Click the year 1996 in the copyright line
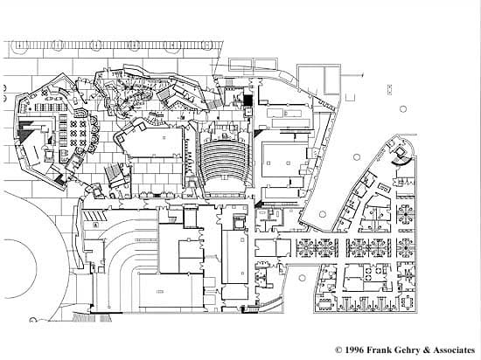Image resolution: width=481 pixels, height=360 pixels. pos(354,350)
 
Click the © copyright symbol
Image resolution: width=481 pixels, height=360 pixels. pos(338,350)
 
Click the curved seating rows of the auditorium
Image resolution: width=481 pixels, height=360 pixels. pos(224,161)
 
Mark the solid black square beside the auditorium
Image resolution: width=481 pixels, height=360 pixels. pos(247,100)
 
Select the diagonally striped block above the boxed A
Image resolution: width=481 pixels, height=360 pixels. pos(94,216)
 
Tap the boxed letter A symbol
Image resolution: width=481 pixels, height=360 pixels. pos(95,225)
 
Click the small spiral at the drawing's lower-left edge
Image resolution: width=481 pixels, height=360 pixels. pos(32,320)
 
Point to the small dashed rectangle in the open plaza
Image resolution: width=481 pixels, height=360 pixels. pos(389,89)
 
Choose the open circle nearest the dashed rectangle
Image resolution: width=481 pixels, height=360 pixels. pos(403,108)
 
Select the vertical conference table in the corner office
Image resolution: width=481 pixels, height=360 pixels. pos(408,302)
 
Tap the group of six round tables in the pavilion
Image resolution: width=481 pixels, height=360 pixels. pos(78,134)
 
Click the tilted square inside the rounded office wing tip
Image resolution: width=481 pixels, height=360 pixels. pos(400,151)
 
